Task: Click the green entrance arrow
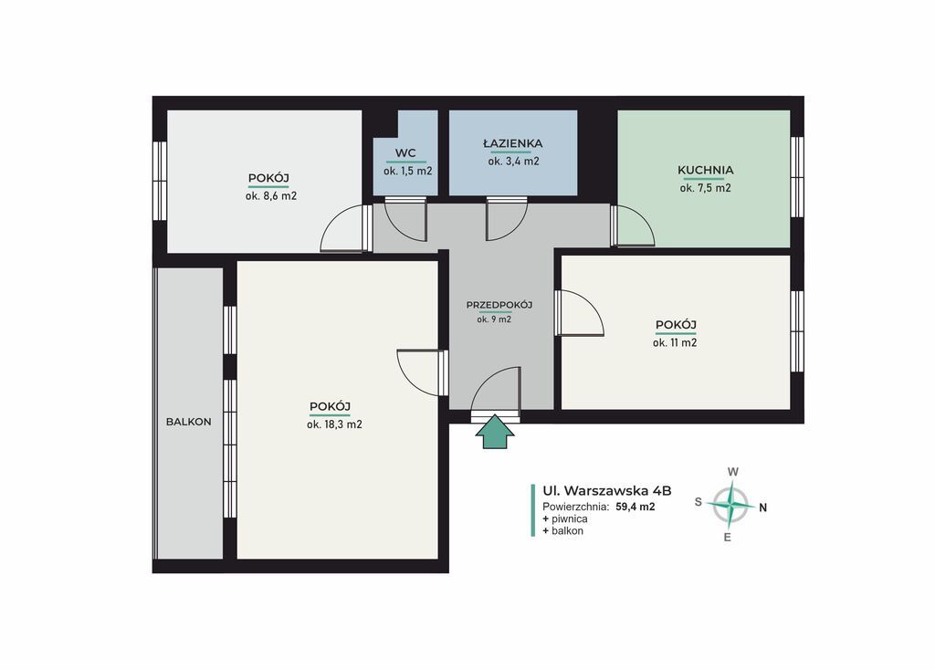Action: tap(494, 432)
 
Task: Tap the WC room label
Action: tap(405, 153)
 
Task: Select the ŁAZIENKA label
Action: tap(513, 143)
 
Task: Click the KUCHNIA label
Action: tap(706, 170)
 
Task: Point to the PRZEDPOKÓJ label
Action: tap(499, 305)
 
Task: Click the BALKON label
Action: tap(188, 422)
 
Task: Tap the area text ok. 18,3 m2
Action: tap(334, 424)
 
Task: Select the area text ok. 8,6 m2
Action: tap(270, 195)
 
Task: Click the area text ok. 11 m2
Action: tap(675, 342)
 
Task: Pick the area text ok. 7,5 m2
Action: tap(706, 188)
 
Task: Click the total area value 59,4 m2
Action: tap(636, 508)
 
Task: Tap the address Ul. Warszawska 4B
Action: tap(607, 490)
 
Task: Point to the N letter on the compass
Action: tap(762, 508)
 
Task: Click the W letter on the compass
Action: tap(733, 472)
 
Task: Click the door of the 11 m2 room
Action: tap(579, 313)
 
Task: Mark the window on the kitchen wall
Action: tap(796, 177)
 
